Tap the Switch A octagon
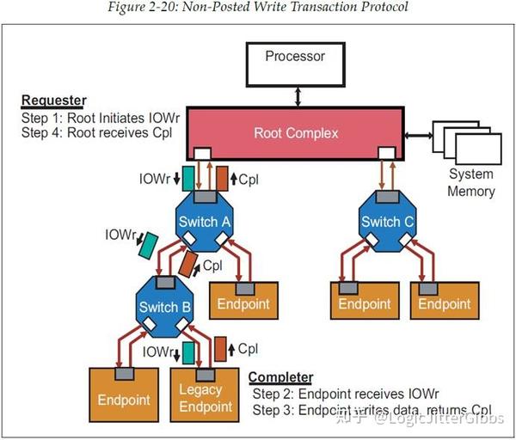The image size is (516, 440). (x=204, y=222)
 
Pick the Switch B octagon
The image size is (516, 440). (x=169, y=305)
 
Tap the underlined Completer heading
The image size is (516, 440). (x=280, y=377)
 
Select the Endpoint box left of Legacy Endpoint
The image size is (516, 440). (x=126, y=398)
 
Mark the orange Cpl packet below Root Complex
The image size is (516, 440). (x=222, y=179)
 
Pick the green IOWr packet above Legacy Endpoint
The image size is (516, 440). (x=188, y=351)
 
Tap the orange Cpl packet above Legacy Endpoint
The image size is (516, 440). (x=221, y=350)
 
